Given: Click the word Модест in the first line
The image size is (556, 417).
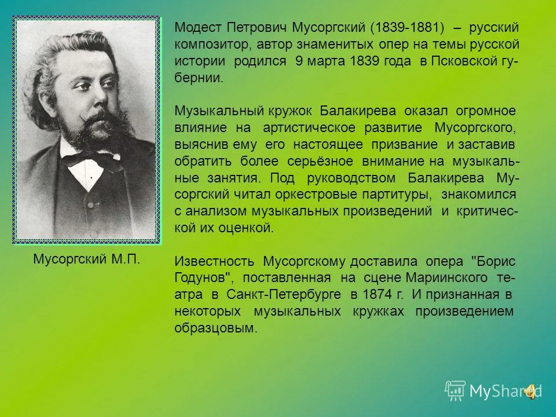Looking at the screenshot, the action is (198, 28).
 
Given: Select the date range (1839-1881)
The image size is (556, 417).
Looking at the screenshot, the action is (407, 28).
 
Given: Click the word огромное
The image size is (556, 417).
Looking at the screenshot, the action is (486, 111).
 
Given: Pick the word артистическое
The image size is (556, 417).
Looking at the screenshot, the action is (309, 128).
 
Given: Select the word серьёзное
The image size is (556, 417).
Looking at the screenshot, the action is (320, 162).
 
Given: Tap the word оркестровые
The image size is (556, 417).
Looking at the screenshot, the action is (316, 195).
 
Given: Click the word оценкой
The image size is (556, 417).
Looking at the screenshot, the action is (246, 228).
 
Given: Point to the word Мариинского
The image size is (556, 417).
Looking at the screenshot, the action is (447, 278).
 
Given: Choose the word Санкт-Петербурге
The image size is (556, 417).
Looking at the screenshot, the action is (284, 295).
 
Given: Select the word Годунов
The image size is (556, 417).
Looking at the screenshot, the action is (203, 278).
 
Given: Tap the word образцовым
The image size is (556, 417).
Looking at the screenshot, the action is (214, 328).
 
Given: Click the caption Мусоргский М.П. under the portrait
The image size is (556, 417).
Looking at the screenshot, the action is (86, 259).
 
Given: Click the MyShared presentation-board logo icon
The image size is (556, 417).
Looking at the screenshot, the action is (455, 391).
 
